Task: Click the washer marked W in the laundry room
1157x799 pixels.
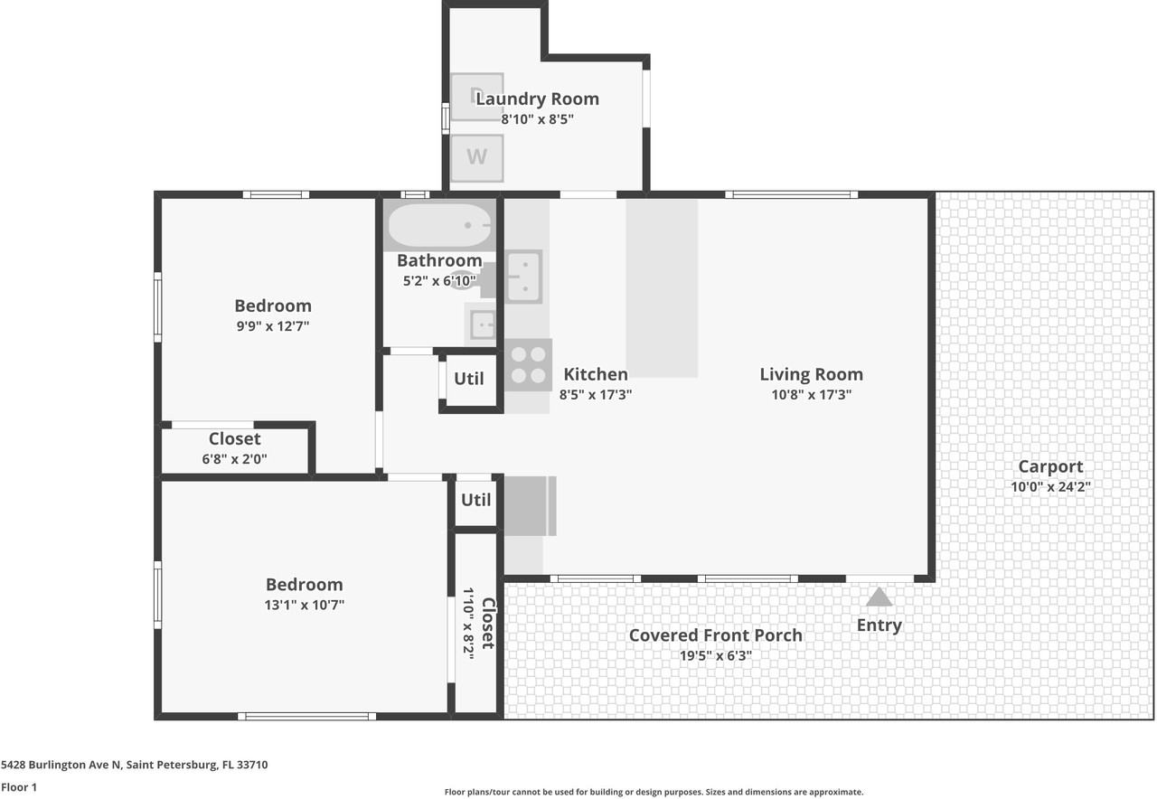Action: [476, 158]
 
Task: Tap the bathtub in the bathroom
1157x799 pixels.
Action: [439, 225]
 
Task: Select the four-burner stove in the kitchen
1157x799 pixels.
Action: [529, 364]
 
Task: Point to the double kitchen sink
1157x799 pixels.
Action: [523, 277]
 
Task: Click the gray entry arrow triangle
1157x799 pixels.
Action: [879, 597]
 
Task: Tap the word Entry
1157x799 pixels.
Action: [880, 625]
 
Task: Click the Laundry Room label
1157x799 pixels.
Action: [537, 99]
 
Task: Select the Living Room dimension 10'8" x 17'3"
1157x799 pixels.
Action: [811, 395]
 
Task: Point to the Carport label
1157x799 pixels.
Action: [1050, 466]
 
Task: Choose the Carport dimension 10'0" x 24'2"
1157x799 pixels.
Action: [1050, 486]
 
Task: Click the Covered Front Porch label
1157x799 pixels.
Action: [715, 635]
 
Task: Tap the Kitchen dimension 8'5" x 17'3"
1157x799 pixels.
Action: [595, 395]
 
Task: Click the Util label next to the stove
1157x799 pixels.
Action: [468, 379]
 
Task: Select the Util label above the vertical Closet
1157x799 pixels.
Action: [475, 500]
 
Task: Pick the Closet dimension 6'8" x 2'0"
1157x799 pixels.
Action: [234, 458]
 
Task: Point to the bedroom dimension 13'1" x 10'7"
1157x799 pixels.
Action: [305, 605]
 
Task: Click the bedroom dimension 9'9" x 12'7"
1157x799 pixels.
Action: [273, 326]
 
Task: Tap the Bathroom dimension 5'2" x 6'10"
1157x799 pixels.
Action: [439, 281]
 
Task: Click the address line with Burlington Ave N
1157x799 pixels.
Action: [135, 765]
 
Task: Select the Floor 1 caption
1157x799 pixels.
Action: [19, 787]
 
